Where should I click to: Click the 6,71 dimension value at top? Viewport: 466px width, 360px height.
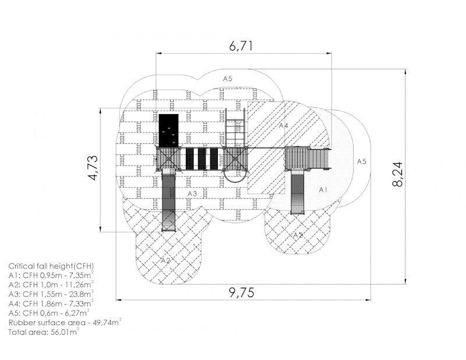click(241, 46)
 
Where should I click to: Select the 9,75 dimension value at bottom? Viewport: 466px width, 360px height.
click(242, 293)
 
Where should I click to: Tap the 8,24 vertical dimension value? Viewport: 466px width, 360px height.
click(398, 174)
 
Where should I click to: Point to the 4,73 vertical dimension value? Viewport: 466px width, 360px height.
click(93, 168)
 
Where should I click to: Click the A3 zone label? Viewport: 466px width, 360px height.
click(192, 193)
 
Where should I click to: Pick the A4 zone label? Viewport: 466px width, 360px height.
click(284, 125)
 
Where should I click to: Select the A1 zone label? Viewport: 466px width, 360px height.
click(323, 190)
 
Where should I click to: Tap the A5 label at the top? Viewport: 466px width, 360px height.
click(228, 79)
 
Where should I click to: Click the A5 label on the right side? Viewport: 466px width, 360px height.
click(361, 161)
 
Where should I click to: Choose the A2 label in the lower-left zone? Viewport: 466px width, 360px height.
click(166, 261)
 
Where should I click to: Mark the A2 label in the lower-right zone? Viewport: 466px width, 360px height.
click(298, 235)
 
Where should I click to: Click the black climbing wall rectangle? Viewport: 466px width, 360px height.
click(169, 130)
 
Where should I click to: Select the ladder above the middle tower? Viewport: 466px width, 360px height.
click(235, 128)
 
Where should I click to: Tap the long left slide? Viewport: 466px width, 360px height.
click(169, 200)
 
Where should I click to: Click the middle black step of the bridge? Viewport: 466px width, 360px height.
click(202, 158)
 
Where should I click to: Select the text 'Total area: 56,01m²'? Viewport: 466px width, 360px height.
click(44, 332)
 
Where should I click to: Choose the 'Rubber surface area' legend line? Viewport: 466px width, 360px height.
click(65, 322)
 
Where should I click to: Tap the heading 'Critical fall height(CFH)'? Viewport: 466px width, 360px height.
click(51, 266)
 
